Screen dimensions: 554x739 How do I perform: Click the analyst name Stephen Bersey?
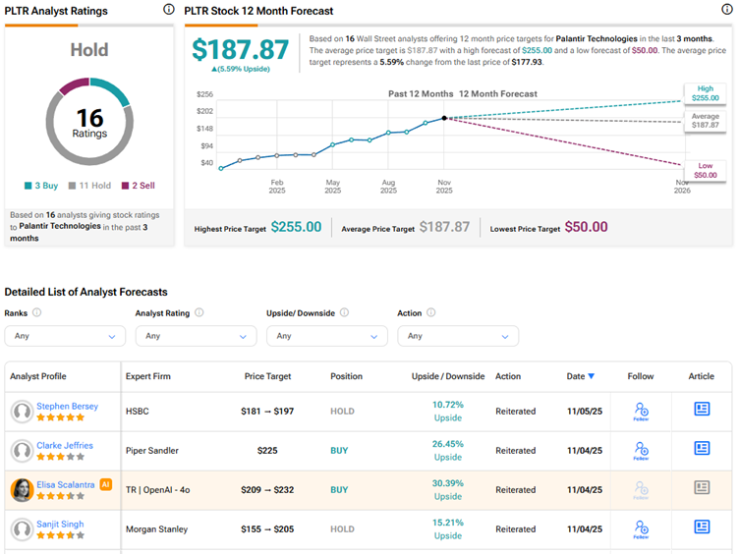(x=67, y=406)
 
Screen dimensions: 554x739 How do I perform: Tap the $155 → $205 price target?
(x=267, y=528)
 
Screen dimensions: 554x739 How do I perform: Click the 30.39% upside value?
(x=447, y=483)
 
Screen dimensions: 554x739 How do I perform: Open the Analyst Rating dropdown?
(x=196, y=336)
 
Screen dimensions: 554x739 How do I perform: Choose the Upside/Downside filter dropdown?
(x=327, y=336)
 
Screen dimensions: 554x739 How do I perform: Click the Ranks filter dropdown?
(x=65, y=336)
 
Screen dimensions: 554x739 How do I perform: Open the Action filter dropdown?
(x=458, y=336)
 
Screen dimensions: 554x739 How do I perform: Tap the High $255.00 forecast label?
(x=705, y=93)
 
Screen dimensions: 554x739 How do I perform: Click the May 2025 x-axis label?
(x=333, y=187)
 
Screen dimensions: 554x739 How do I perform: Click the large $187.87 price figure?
(x=241, y=50)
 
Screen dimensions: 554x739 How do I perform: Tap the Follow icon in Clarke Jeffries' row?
(x=641, y=450)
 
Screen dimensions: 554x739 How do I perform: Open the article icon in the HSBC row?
(x=702, y=410)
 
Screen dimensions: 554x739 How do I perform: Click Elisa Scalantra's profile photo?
(x=22, y=489)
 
